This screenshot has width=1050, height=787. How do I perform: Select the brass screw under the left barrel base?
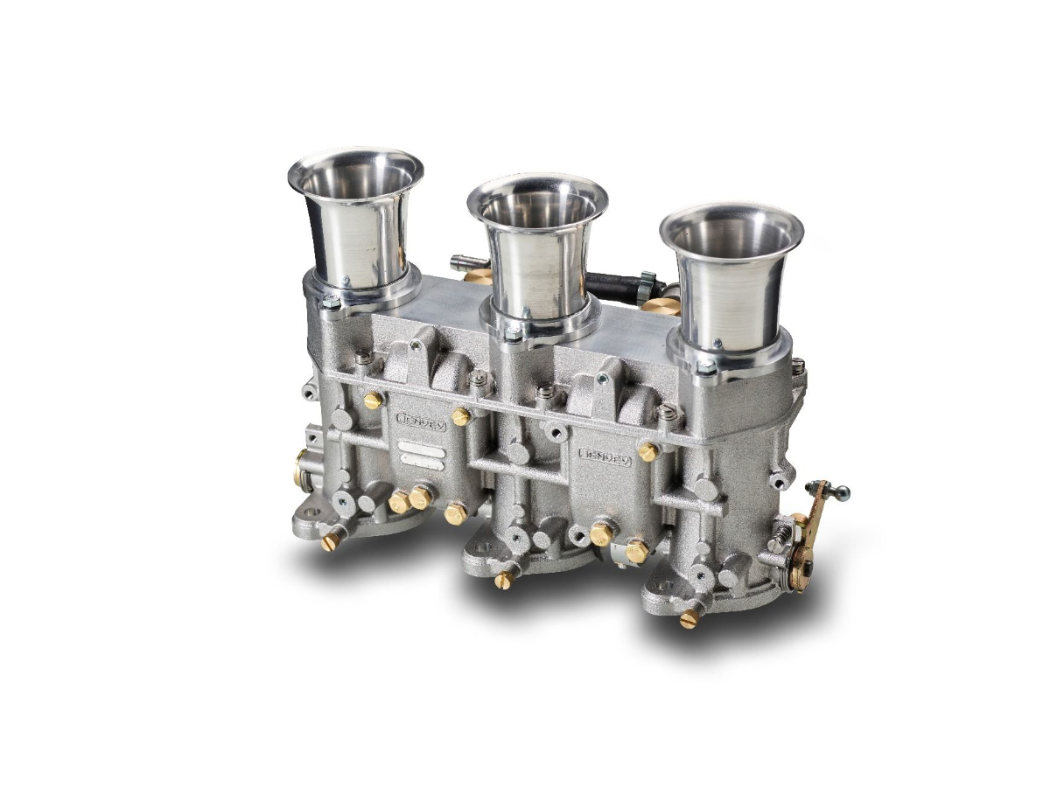[330, 543]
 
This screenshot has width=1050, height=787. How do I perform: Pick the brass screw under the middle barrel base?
[501, 579]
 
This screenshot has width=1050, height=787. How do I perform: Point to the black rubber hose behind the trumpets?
[612, 282]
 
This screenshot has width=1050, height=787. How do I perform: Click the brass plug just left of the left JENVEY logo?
[373, 400]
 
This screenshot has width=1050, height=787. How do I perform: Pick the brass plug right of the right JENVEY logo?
[648, 451]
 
